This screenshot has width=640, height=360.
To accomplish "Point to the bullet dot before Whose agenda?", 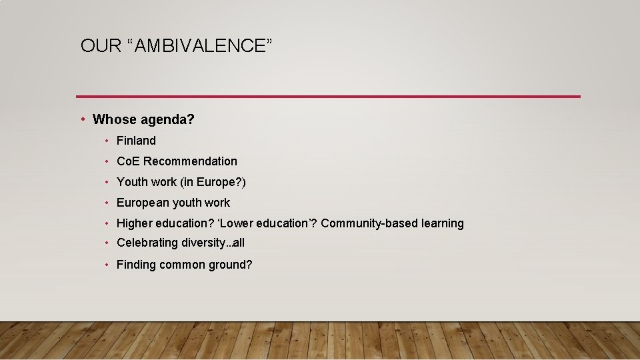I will pos(82,119).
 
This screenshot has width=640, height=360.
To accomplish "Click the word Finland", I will pos(136,141).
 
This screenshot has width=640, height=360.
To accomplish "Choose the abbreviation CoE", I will pos(128,161).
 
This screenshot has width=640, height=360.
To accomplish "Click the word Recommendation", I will pos(190,161).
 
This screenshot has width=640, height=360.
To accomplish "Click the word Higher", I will pos(134,223).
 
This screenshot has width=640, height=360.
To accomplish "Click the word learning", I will pos(443,223).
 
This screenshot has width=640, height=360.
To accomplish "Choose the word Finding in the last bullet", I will pos(135,265).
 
